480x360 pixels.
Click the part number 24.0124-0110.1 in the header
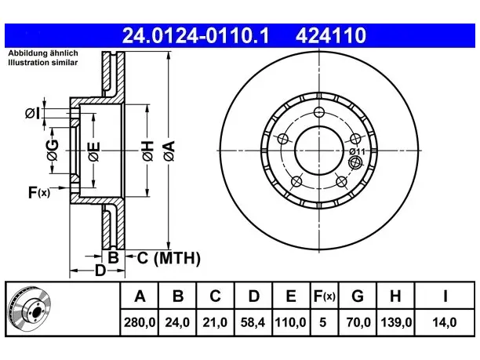coord(195,35)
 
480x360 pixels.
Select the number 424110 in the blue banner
coord(331,35)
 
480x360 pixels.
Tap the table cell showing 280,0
coord(140,322)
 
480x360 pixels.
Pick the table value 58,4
coord(253,322)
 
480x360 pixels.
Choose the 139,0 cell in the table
coord(396,322)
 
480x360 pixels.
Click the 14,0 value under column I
coord(445,322)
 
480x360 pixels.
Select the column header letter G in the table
coord(358,296)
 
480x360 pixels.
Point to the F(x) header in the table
coord(325,296)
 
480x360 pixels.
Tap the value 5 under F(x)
coord(323,322)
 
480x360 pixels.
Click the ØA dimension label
coord(169,151)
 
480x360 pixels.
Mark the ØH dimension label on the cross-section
coord(147,151)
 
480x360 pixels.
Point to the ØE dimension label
coord(93,151)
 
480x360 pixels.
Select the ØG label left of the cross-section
coord(53,150)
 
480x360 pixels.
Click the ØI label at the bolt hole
coord(32,114)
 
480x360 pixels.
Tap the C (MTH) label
coord(169,258)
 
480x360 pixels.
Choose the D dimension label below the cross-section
coord(100,271)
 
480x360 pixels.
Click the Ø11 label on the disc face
coord(358,151)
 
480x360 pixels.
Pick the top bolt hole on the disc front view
coord(319,112)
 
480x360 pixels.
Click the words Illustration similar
coord(43,63)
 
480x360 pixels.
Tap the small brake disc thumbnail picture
coord(30,308)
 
